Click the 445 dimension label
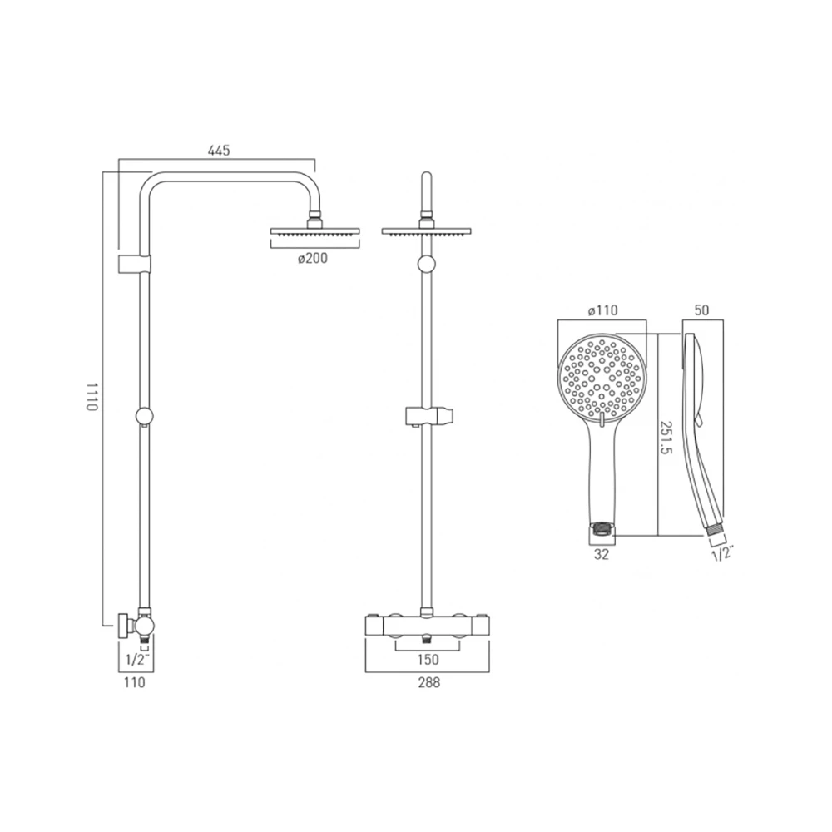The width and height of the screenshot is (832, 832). (218, 150)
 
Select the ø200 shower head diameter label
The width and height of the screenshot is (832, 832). (313, 258)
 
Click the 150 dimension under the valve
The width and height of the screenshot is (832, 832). (428, 660)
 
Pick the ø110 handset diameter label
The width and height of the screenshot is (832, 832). (602, 310)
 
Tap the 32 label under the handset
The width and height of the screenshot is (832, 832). (601, 554)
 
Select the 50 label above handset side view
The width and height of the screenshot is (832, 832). (701, 310)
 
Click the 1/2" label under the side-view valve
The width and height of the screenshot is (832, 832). (136, 660)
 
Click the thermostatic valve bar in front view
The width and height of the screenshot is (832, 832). (427, 625)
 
